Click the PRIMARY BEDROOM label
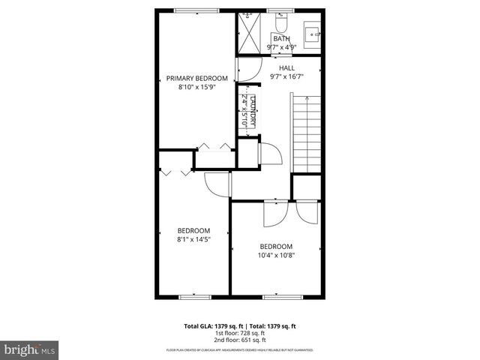196,78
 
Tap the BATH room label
281,39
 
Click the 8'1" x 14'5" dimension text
193,239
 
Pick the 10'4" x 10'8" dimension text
276,255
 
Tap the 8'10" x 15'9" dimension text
196,86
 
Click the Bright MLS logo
29,349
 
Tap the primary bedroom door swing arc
245,71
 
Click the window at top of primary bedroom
196,10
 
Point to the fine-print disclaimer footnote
240,350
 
